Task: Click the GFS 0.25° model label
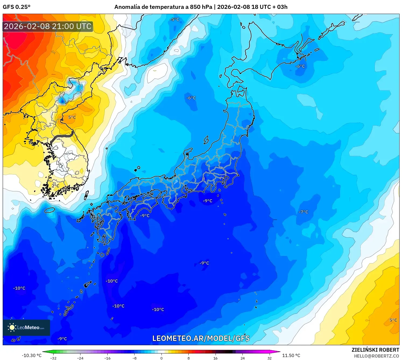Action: pos(17,7)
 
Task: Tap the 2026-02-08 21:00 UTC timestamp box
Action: pos(48,26)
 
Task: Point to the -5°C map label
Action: pos(174,19)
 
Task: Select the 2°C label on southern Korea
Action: pos(55,186)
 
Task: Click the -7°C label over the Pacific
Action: pos(303,212)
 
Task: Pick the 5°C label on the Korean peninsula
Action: pos(72,117)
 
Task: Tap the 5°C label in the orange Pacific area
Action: pos(393,320)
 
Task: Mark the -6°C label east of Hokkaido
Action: pos(300,66)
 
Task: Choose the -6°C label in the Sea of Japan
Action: pos(191,98)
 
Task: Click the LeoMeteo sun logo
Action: pos(12,327)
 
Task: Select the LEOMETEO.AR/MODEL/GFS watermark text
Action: pos(201,338)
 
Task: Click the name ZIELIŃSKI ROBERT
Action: pos(375,350)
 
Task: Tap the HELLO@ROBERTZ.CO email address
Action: pos(376,356)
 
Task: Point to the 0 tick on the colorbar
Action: pos(161,358)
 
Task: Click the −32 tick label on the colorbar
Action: pos(53,358)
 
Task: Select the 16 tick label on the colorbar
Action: pos(216,358)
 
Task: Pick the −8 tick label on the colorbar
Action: pos(134,358)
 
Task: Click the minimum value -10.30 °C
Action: pos(32,355)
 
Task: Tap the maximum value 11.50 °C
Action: pos(291,355)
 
